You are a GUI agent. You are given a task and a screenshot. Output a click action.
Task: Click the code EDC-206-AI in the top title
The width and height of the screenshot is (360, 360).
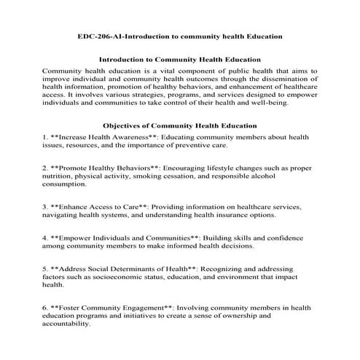click(101, 36)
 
